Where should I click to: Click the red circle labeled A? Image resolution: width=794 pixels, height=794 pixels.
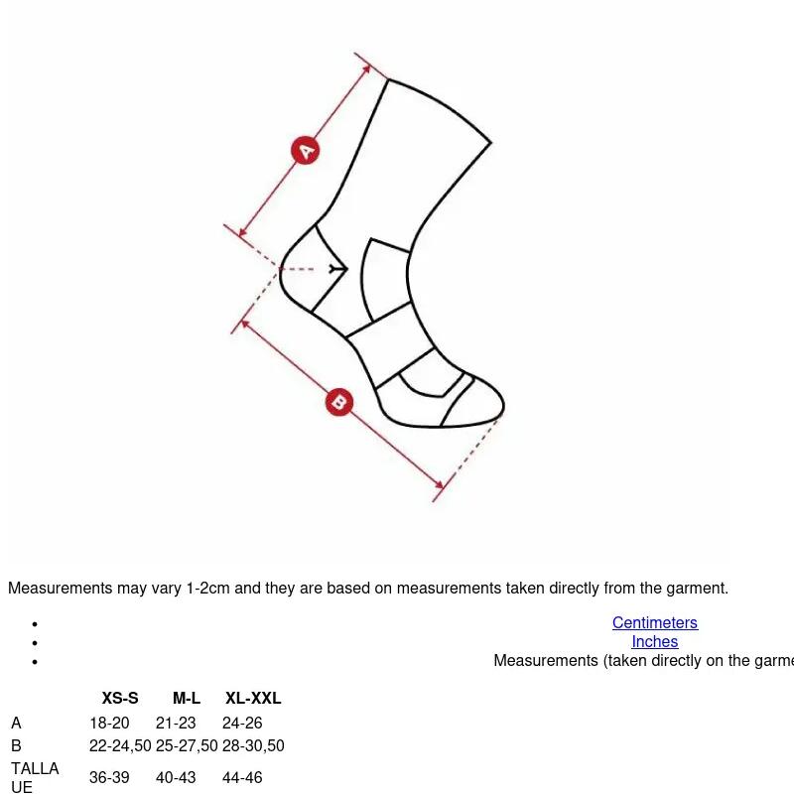(x=306, y=151)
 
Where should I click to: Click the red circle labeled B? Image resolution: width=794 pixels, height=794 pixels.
(x=338, y=403)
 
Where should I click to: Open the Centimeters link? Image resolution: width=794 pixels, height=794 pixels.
(x=655, y=622)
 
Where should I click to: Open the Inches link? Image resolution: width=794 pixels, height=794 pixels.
(x=655, y=641)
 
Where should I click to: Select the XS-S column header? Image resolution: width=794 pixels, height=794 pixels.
(x=120, y=698)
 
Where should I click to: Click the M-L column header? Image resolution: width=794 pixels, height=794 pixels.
(x=187, y=698)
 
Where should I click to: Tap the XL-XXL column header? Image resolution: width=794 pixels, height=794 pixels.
(x=253, y=698)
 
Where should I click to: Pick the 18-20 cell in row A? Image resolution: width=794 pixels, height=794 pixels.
(x=109, y=723)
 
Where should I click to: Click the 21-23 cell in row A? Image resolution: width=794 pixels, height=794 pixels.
(x=176, y=723)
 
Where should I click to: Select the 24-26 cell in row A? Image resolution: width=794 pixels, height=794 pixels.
(x=242, y=723)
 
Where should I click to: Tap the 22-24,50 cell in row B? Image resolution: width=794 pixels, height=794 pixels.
(x=120, y=745)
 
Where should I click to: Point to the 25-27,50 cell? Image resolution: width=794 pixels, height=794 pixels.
(x=187, y=745)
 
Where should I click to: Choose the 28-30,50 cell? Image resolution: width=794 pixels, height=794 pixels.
(x=253, y=745)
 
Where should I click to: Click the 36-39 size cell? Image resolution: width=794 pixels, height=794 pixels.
(x=109, y=777)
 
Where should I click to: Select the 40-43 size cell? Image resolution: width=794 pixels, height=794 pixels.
(x=176, y=777)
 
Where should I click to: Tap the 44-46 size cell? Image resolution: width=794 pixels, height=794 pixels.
(x=242, y=777)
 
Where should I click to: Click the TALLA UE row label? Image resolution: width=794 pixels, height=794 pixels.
(x=35, y=777)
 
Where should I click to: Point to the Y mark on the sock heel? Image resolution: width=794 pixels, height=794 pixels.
(x=335, y=269)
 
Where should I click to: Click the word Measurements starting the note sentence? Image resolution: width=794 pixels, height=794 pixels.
(x=61, y=588)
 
